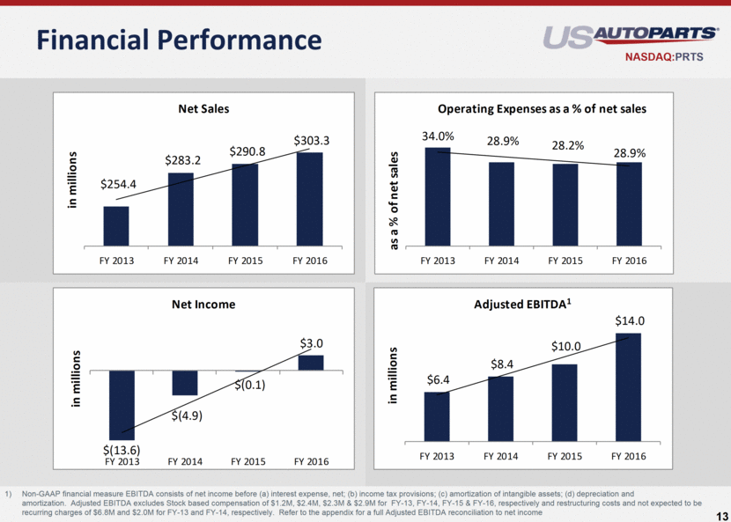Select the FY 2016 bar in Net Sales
click(309, 198)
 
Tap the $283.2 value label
click(181, 160)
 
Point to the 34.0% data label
click(438, 136)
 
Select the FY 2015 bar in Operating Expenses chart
click(565, 203)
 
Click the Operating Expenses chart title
click(542, 109)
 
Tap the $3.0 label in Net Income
click(311, 342)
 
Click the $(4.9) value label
click(188, 416)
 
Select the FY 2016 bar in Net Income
click(311, 363)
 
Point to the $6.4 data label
click(439, 379)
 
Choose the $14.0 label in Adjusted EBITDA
click(630, 321)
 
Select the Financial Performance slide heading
click(171, 40)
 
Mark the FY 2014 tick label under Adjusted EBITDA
click(501, 456)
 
